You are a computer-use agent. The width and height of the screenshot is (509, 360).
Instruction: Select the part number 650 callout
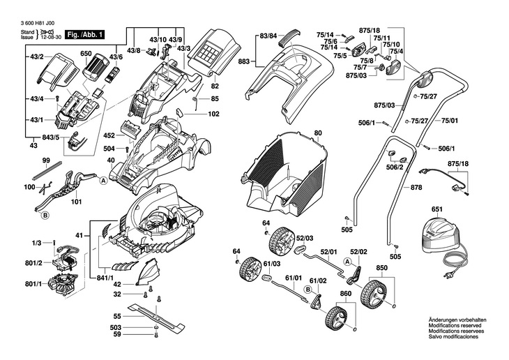click(x=86, y=53)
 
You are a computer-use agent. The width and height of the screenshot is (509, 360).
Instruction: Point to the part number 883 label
click(x=243, y=63)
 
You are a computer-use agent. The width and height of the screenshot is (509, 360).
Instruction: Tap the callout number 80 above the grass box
click(x=318, y=133)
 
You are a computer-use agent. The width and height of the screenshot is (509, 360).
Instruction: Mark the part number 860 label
click(x=345, y=294)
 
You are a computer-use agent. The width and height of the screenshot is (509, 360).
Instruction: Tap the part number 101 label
click(x=76, y=202)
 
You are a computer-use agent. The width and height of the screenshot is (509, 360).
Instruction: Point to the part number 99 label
click(x=46, y=161)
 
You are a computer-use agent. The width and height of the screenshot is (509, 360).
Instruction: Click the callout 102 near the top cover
click(x=213, y=113)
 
